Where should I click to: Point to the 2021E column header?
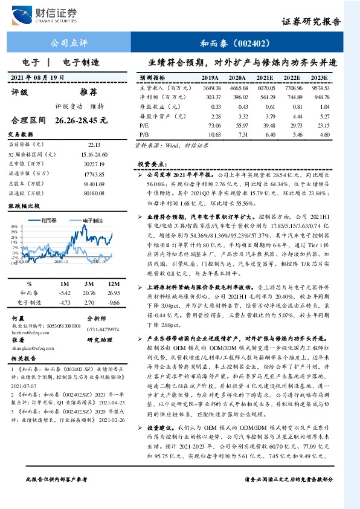click(x=265, y=78)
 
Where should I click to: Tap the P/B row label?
click(x=145, y=134)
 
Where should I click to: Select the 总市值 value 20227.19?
click(x=93, y=163)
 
